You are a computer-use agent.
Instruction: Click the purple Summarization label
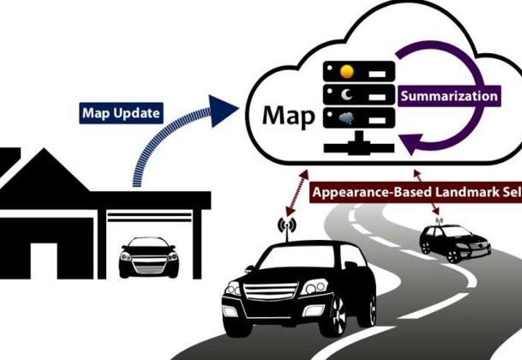tap(447, 96)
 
